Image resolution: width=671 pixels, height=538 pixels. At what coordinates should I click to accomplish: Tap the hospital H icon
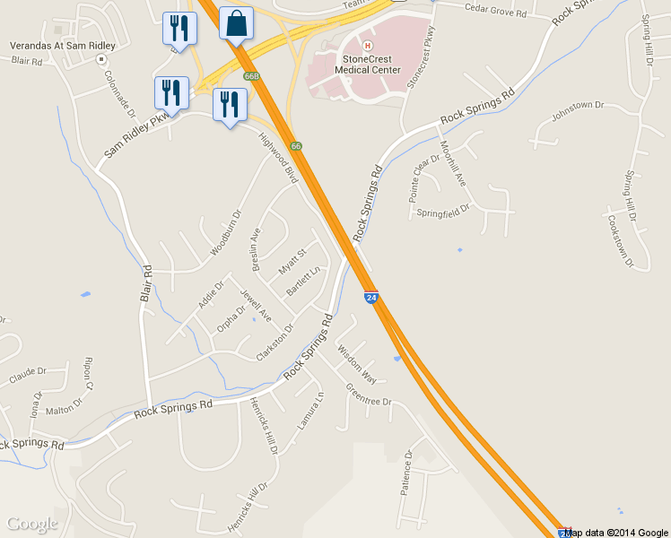(x=366, y=45)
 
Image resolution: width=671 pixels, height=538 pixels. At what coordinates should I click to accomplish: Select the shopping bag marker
(x=235, y=24)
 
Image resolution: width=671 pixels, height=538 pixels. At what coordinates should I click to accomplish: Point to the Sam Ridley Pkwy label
(x=136, y=139)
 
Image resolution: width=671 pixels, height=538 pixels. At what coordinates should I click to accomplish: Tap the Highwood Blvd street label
(x=278, y=158)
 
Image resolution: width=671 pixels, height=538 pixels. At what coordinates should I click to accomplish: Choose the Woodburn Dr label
(x=226, y=233)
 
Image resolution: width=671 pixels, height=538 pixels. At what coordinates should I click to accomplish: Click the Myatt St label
(x=292, y=262)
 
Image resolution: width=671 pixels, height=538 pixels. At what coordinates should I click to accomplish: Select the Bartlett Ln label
(x=303, y=282)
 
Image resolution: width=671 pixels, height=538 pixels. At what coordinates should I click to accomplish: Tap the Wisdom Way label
(x=357, y=356)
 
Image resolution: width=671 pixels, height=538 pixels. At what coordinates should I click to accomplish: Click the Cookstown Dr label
(x=620, y=241)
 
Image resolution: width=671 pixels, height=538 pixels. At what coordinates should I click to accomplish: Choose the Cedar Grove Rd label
(x=495, y=10)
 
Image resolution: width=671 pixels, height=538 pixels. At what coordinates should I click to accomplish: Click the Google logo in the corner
(x=31, y=524)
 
